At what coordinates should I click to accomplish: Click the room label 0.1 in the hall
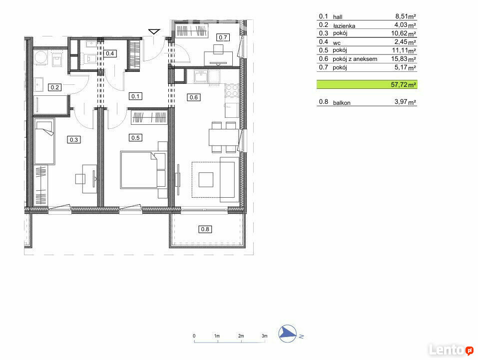[x=135, y=96]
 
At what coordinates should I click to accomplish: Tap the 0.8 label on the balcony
[x=205, y=229]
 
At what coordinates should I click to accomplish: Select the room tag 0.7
[x=223, y=37]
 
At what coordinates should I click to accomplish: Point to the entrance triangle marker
[x=154, y=31]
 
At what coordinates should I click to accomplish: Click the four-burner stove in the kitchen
[x=232, y=90]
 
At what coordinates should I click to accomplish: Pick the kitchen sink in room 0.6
[x=201, y=76]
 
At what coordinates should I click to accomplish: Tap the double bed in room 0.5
[x=143, y=170]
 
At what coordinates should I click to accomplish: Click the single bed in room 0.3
[x=45, y=142]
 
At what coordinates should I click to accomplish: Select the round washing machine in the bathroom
[x=40, y=57]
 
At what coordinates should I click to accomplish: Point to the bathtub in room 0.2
[x=50, y=105]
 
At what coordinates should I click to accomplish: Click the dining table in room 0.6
[x=223, y=137]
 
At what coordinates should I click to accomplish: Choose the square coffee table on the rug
[x=206, y=180]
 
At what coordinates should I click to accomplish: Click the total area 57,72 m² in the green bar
[x=403, y=85]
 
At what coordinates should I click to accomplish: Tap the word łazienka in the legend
[x=344, y=26]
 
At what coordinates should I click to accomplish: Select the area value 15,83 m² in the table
[x=404, y=59]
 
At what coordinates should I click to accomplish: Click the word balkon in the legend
[x=342, y=103]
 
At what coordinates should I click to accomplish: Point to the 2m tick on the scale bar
[x=241, y=341]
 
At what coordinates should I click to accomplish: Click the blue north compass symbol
[x=288, y=334]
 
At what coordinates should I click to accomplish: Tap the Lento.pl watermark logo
[x=451, y=350]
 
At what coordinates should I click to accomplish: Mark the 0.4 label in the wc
[x=110, y=53]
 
